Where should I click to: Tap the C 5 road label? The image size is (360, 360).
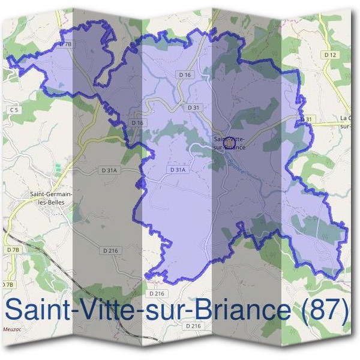coord(14,110)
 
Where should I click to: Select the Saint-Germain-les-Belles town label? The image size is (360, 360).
coord(51,198)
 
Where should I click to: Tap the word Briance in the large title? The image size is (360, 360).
coord(241,310)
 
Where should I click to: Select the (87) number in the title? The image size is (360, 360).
coord(324,310)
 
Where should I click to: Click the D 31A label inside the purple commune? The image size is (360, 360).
coord(179,170)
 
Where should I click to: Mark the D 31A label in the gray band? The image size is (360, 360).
coord(109,170)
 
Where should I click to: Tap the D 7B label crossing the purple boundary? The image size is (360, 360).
coord(67,44)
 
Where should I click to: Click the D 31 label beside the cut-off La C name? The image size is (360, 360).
coord(308,119)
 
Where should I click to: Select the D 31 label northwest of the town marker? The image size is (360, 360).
coord(193,107)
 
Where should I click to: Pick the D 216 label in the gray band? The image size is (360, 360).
coord(110,250)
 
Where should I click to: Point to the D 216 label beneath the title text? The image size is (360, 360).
coord(193,326)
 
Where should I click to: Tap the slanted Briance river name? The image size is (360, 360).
coord(235,161)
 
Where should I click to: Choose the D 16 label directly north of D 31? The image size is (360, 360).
coord(184,74)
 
